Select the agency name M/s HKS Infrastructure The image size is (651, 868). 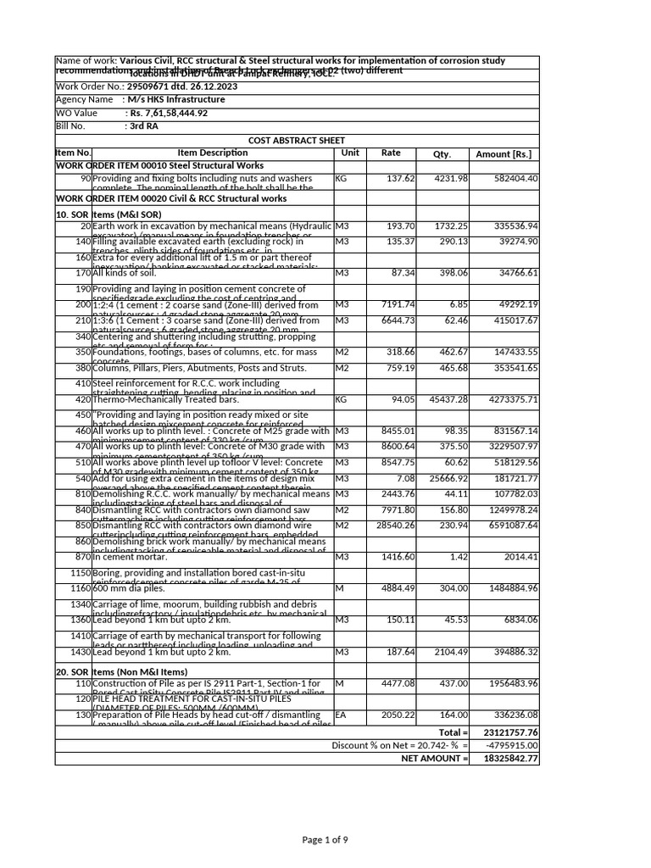(x=176, y=99)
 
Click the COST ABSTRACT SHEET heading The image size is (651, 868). (x=297, y=140)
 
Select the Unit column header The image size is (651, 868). (x=350, y=153)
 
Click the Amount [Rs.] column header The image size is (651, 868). (x=504, y=153)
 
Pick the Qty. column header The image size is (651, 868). (x=442, y=153)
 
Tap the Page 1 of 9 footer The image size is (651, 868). (x=325, y=839)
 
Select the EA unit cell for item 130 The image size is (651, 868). (x=342, y=715)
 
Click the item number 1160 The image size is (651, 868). (x=79, y=587)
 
